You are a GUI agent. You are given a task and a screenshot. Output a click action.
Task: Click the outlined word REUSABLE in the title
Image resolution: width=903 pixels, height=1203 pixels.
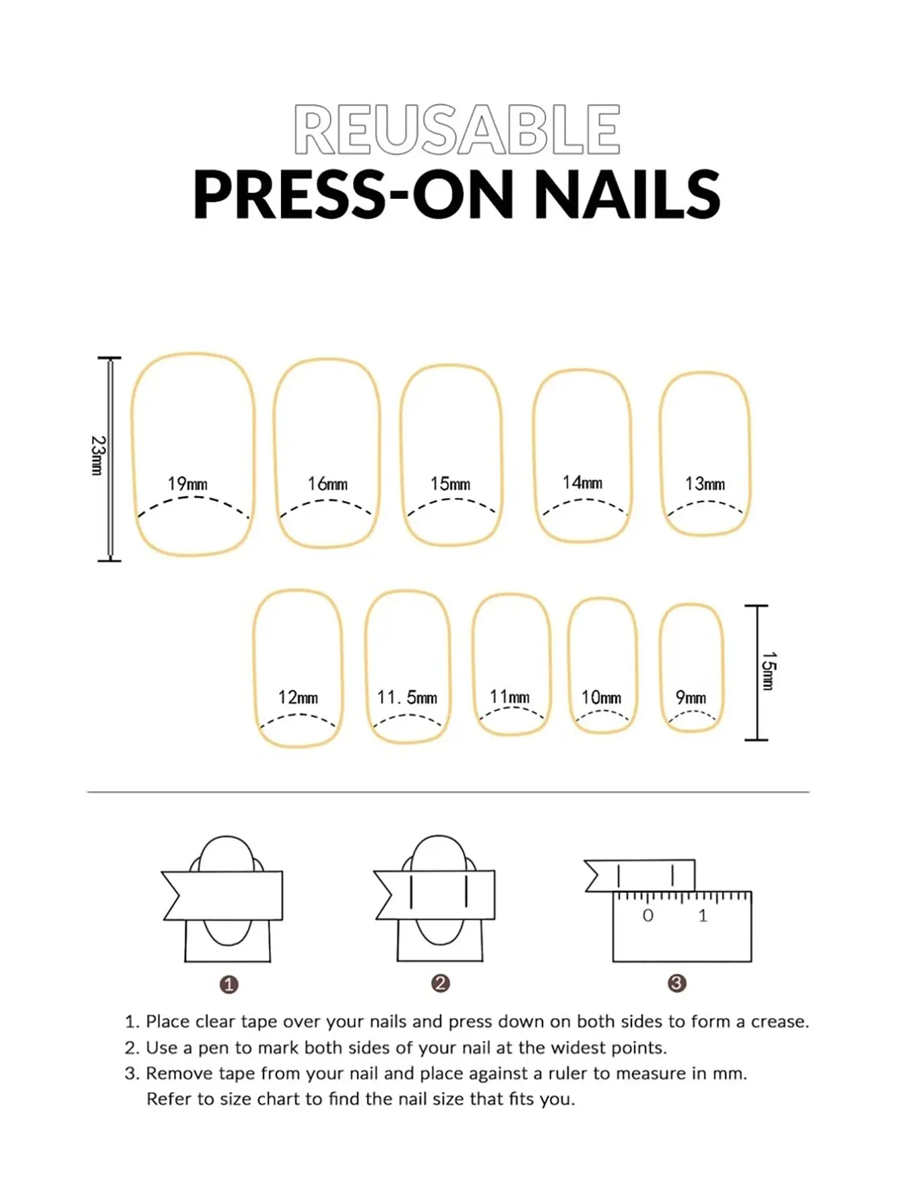(x=457, y=129)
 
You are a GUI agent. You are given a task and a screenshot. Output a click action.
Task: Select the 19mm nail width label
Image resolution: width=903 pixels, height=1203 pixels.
(x=187, y=484)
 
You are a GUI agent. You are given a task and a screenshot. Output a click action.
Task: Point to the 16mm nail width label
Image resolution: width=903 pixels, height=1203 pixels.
(x=328, y=484)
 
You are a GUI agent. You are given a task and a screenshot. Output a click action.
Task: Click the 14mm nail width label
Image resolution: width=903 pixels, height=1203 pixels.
(x=582, y=483)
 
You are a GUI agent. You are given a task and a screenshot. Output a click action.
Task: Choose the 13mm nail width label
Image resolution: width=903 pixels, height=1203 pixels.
(x=705, y=484)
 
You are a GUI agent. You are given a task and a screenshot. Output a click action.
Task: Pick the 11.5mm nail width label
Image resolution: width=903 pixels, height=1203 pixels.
(x=407, y=698)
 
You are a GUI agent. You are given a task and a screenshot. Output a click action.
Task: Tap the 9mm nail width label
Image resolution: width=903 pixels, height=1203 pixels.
(x=691, y=698)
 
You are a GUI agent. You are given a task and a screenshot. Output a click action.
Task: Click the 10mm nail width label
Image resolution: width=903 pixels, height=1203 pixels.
(x=601, y=698)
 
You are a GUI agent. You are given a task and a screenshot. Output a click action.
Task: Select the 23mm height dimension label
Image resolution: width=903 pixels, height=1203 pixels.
(x=98, y=456)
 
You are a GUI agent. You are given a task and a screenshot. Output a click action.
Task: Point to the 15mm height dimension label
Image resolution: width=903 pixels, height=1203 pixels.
(x=769, y=671)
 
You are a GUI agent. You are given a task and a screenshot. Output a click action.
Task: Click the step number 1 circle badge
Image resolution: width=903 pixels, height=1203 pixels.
(x=229, y=985)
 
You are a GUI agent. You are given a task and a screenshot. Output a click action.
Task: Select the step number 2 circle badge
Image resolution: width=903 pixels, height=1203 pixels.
(x=441, y=983)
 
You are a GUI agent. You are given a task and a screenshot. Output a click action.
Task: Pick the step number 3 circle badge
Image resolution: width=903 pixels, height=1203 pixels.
(x=677, y=983)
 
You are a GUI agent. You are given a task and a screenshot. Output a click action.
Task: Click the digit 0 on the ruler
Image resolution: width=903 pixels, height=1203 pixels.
(x=648, y=916)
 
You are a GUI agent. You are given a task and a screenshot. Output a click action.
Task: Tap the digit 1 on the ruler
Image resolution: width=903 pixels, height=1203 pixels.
(x=703, y=916)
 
